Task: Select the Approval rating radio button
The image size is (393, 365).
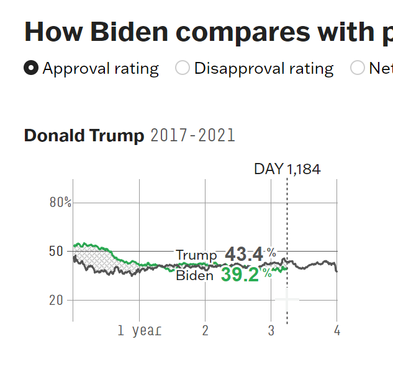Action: (x=31, y=68)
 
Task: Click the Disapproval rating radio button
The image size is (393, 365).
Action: (x=183, y=68)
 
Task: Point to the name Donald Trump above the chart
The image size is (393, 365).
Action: (x=84, y=136)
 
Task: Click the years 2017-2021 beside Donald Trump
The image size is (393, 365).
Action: (x=193, y=136)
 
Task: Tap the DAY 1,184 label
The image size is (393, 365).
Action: (x=287, y=169)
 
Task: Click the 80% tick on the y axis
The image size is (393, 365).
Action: (x=61, y=203)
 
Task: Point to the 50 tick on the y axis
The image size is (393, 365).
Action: (x=56, y=251)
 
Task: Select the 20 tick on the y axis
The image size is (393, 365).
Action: (x=56, y=300)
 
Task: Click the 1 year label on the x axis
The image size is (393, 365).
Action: (x=140, y=330)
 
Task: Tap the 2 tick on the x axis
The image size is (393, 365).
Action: (x=205, y=330)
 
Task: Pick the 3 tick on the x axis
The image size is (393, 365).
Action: (x=271, y=330)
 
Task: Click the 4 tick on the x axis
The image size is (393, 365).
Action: (x=337, y=330)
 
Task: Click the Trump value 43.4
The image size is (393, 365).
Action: (x=244, y=254)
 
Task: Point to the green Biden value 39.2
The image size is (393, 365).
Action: (x=240, y=275)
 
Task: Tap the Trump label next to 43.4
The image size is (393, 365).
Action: (x=196, y=255)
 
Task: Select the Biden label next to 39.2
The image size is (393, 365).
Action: (x=194, y=276)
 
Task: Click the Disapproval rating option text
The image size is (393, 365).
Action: (x=264, y=68)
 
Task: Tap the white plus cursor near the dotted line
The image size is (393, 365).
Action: (x=287, y=300)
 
